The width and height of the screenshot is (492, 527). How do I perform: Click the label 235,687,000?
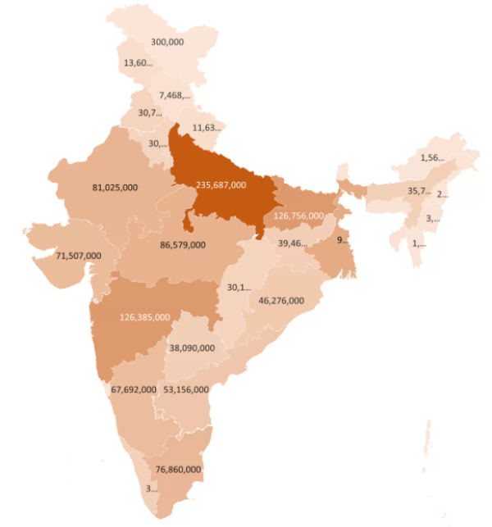tap(221, 185)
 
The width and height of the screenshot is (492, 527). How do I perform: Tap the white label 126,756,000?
tap(298, 216)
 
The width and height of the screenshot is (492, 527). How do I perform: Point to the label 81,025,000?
tap(115, 187)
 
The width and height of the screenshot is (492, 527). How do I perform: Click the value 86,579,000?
tap(183, 244)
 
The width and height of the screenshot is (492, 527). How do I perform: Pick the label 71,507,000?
tap(79, 256)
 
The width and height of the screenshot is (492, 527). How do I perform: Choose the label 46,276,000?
tap(281, 301)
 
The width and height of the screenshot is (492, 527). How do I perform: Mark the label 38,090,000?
tap(192, 348)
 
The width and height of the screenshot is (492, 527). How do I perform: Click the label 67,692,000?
tap(134, 389)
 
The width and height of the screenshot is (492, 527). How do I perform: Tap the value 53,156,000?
tap(186, 389)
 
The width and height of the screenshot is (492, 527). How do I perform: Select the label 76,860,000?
tap(178, 469)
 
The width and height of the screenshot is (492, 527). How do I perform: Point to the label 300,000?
tap(168, 41)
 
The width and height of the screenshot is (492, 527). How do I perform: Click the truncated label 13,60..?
tap(138, 63)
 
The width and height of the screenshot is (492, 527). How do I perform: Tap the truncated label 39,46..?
tap(294, 243)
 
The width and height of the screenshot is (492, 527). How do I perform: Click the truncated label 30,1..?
tap(239, 287)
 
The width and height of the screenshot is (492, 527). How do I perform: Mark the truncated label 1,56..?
tap(432, 157)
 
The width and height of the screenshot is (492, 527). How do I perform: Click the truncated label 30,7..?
tap(150, 113)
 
